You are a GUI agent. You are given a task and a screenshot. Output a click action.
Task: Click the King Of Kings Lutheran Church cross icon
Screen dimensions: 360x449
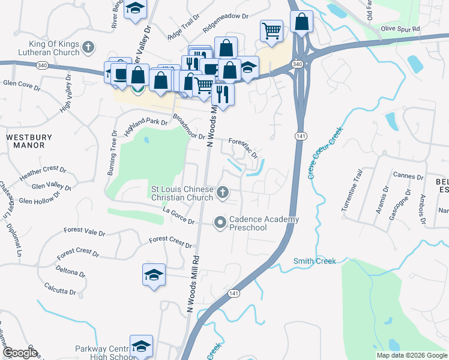tap(89, 47)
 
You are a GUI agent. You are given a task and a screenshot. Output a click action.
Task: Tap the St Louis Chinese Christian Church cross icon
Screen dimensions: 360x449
tap(223, 193)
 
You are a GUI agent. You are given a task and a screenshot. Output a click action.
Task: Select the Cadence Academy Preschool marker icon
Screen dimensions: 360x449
tap(220, 223)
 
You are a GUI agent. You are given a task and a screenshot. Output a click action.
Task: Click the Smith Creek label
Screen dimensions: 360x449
tap(315, 261)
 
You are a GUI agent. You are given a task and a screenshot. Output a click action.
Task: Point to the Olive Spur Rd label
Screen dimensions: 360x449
tap(400, 28)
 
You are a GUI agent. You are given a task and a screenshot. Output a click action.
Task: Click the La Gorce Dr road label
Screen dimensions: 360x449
tap(179, 217)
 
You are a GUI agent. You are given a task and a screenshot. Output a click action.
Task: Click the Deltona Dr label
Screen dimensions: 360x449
tap(71, 271)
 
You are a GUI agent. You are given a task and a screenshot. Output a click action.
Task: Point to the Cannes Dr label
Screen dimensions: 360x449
tap(408, 176)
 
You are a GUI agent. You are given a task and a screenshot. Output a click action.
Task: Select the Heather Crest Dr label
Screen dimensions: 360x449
tap(43, 174)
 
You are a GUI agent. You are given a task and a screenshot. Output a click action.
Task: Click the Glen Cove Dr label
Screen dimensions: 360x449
tap(21, 85)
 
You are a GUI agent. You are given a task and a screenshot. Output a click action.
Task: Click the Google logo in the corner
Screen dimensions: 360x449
tap(19, 353)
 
